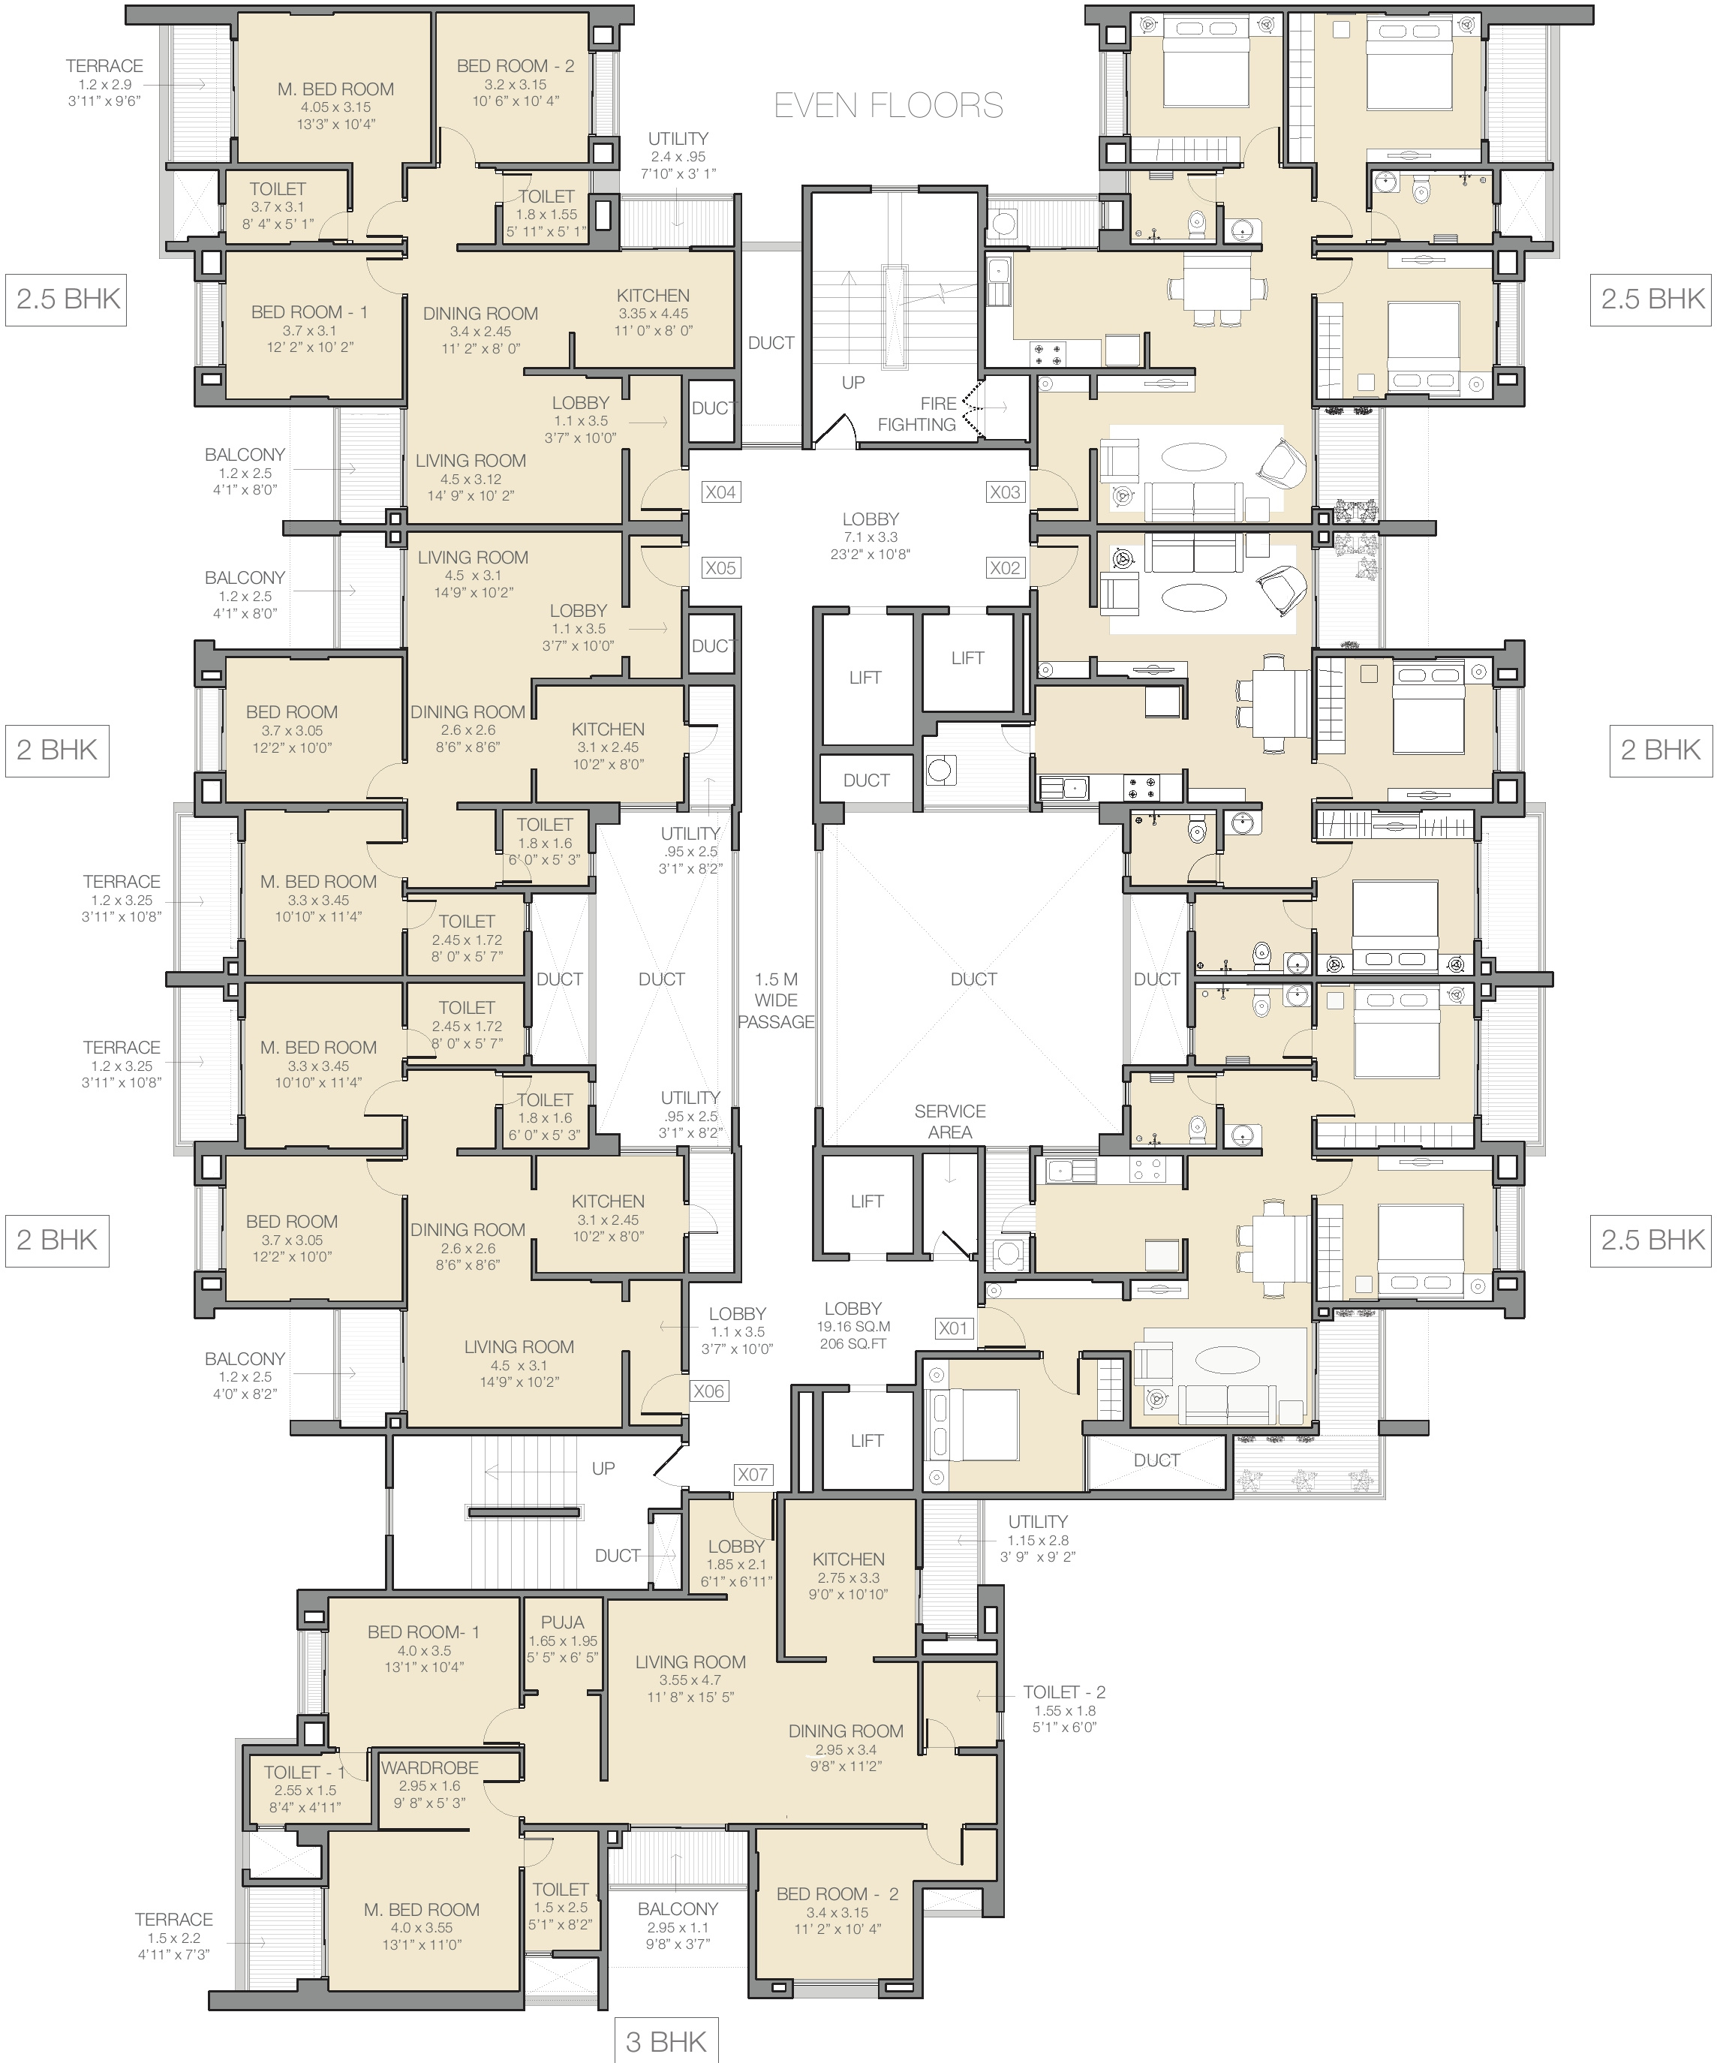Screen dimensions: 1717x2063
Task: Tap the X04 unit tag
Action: pos(720,492)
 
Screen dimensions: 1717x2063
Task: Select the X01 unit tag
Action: pos(953,1328)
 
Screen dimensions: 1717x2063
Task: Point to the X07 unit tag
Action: pos(753,1475)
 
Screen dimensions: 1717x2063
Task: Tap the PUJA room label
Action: pos(562,1622)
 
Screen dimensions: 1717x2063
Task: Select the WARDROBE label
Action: pos(429,1767)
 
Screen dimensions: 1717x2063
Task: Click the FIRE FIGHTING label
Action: pos(916,414)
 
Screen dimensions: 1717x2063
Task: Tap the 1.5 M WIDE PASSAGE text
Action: pos(776,1000)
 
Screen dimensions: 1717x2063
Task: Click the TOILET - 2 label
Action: pos(1064,1692)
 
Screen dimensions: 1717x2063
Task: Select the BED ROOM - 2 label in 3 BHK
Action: pos(837,1893)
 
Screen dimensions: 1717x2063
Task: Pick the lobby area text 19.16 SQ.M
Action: pos(852,1325)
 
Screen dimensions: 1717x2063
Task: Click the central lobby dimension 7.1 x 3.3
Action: pos(871,537)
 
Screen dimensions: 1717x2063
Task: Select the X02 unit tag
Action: pos(1005,568)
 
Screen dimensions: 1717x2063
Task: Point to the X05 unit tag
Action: pos(720,568)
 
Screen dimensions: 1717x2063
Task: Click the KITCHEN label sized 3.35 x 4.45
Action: pos(653,296)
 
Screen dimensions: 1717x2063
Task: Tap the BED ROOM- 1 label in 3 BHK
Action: pos(423,1631)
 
